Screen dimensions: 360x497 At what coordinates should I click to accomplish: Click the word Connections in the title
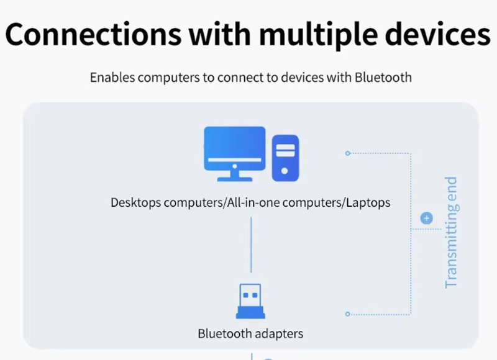pyautogui.click(x=92, y=34)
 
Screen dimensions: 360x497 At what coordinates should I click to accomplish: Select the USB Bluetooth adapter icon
pyautogui.click(x=250, y=302)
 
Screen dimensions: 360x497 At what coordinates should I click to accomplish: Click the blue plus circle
pyautogui.click(x=426, y=218)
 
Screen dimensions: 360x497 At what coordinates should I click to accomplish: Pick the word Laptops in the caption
pyautogui.click(x=367, y=202)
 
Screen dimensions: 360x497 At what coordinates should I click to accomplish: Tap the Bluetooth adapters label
pyautogui.click(x=250, y=334)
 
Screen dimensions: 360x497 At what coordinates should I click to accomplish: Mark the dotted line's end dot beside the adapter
pyautogui.click(x=347, y=314)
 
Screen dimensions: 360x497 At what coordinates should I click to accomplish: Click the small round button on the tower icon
pyautogui.click(x=285, y=170)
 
